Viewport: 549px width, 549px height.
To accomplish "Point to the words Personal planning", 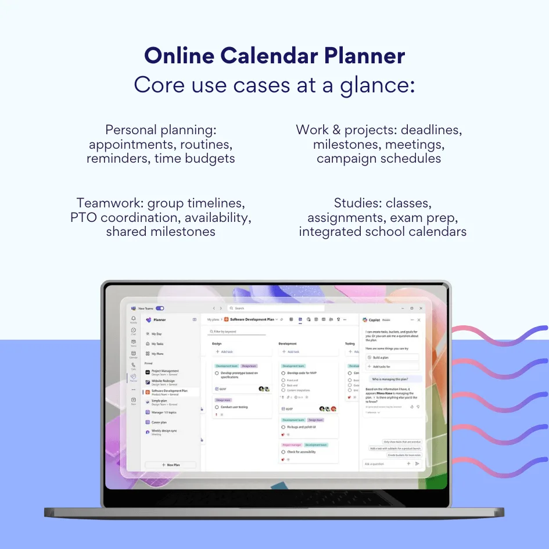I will click(161, 130).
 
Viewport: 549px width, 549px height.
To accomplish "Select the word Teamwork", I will click(110, 203).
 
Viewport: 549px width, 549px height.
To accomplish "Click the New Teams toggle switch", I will click(160, 308).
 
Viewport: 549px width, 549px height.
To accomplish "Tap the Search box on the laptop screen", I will click(273, 308).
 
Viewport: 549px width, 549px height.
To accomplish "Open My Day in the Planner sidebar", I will click(157, 334).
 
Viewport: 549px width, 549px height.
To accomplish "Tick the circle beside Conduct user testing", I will click(217, 407).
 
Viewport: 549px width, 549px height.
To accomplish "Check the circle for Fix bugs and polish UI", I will click(283, 427).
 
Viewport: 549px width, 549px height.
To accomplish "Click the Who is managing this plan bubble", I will click(392, 378).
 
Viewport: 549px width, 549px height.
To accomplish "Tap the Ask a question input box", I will click(383, 464).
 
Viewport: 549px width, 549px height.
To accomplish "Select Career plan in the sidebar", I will click(159, 422).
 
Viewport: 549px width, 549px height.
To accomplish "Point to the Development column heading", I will click(288, 343).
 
